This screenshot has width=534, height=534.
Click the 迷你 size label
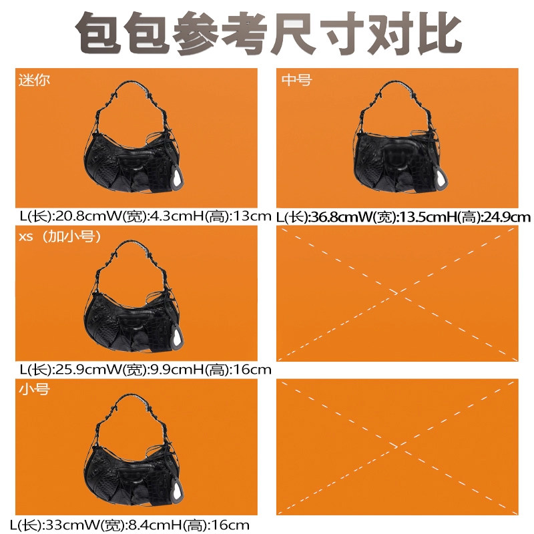pyautogui.click(x=33, y=79)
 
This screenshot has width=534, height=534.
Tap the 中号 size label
pyautogui.click(x=296, y=79)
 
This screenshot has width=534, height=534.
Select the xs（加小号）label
pyautogui.click(x=57, y=237)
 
